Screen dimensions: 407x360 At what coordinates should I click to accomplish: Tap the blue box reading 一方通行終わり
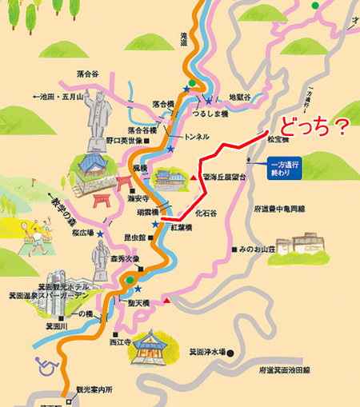(286, 169)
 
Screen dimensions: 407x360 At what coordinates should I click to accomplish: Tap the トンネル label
(197, 137)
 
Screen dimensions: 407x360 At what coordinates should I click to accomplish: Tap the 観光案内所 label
(92, 389)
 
